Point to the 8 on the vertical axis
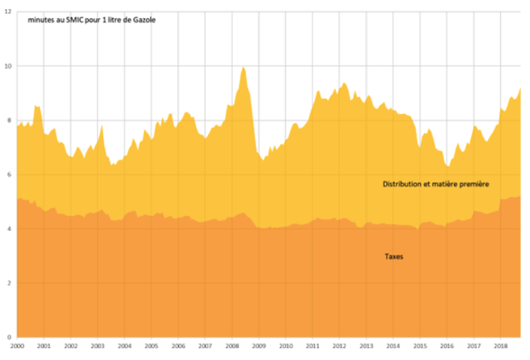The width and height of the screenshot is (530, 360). point(8,120)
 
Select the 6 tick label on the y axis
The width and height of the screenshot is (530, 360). point(8,174)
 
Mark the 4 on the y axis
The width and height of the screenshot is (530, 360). point(8,229)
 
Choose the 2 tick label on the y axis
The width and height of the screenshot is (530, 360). point(8,283)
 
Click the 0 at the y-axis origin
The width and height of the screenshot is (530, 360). point(8,337)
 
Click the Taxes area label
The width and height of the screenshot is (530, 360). point(394,257)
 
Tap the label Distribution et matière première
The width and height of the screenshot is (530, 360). point(435,184)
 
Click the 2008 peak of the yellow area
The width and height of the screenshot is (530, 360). point(243,67)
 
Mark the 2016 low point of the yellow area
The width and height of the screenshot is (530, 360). point(447,167)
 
